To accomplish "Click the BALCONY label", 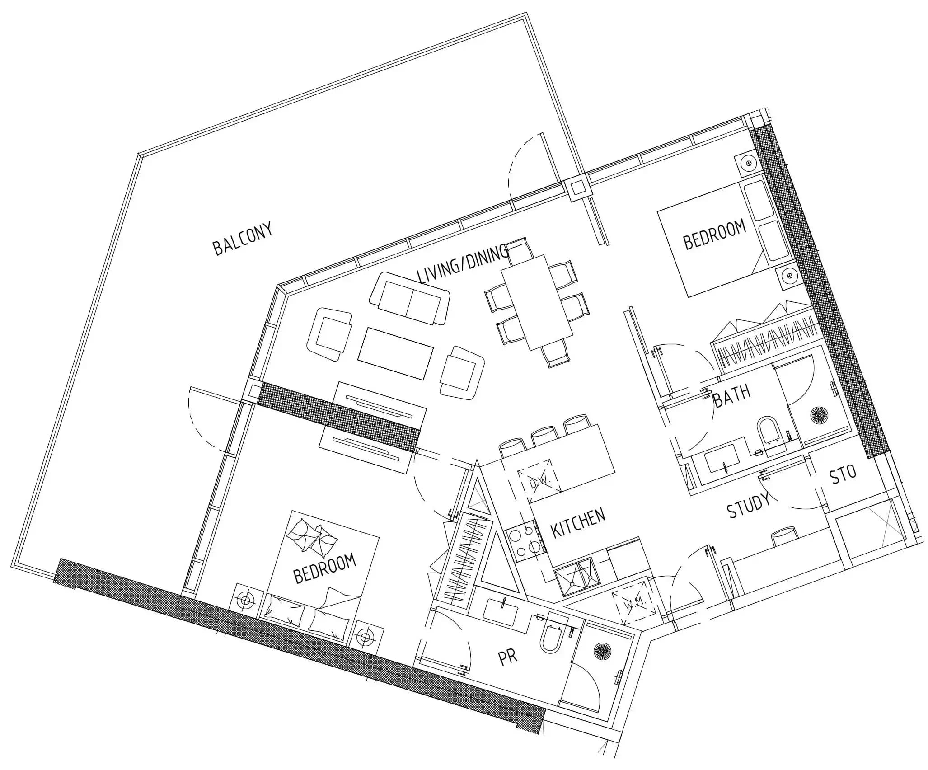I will pyautogui.click(x=243, y=239).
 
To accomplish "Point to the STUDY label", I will pyautogui.click(x=748, y=505).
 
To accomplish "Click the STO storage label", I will pyautogui.click(x=843, y=474).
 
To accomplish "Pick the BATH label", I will pyautogui.click(x=732, y=396).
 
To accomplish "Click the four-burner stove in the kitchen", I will pyautogui.click(x=525, y=542).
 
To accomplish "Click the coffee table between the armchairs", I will pyautogui.click(x=395, y=353).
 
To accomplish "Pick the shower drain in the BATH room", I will pyautogui.click(x=818, y=414).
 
